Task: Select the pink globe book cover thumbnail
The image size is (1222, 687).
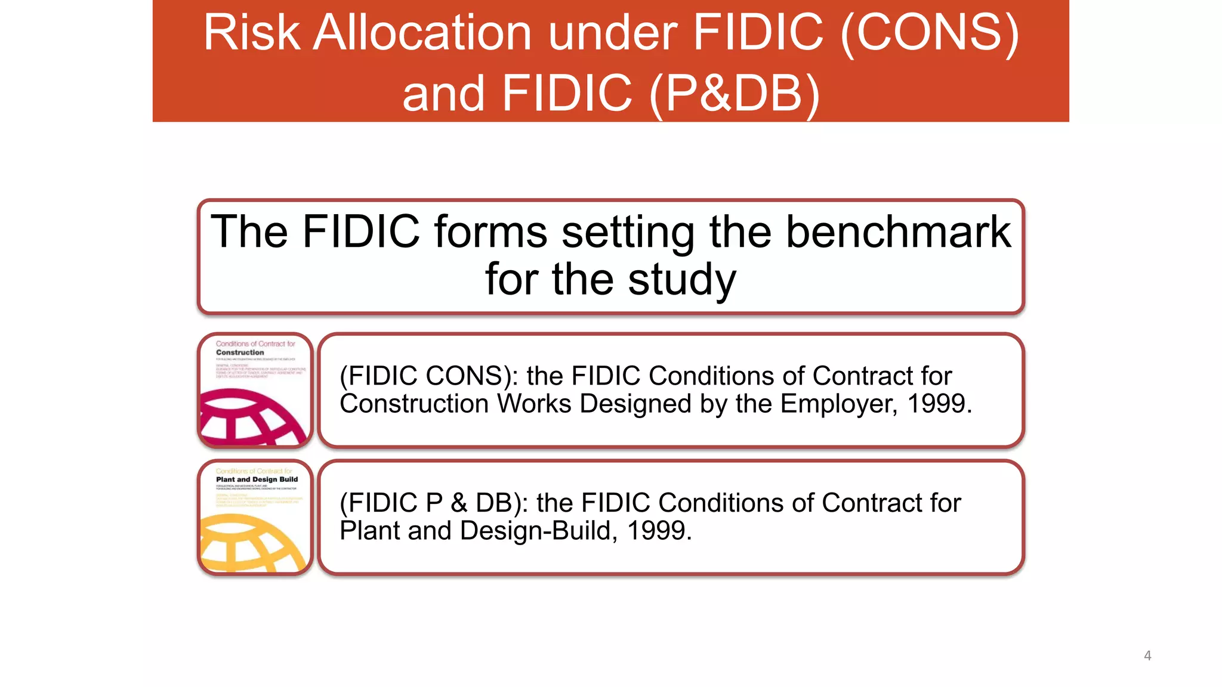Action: click(255, 390)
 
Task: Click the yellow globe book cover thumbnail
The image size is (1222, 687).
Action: click(255, 517)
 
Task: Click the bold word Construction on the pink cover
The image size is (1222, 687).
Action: click(240, 352)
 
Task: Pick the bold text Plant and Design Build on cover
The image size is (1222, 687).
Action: click(257, 479)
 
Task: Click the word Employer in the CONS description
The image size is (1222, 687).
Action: click(838, 404)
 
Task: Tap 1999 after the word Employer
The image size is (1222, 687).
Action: click(939, 404)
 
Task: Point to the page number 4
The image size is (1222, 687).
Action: click(1147, 656)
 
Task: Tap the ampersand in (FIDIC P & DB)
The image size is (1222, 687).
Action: click(459, 503)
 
